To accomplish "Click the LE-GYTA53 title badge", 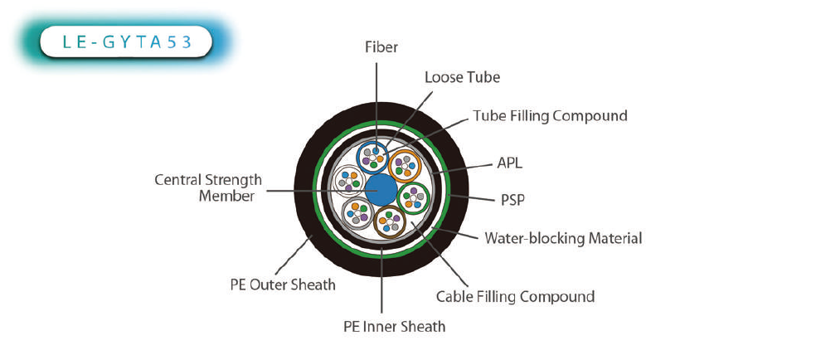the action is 126,41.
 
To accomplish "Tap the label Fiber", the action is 381,47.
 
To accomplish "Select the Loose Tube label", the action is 462,77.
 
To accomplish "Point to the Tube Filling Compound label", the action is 550,115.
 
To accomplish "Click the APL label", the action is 509,163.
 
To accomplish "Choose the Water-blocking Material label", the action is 563,238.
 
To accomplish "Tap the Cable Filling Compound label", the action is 515,296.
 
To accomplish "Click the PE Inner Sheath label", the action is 395,327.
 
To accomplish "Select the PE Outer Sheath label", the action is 283,285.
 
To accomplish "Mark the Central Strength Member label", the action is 208,187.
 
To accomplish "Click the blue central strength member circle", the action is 381,190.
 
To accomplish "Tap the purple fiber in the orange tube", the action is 398,162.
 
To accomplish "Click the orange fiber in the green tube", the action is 409,204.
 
